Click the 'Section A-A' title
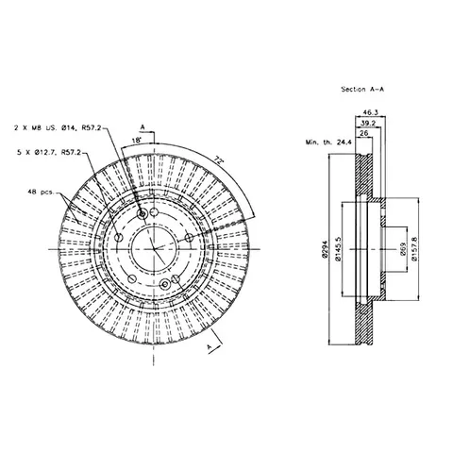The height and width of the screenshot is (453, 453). [x=362, y=90]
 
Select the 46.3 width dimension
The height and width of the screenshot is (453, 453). [x=370, y=112]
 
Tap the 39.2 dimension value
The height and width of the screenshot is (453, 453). [x=368, y=123]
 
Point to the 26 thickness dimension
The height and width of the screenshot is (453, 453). [x=364, y=133]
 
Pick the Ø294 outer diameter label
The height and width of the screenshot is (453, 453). [x=325, y=249]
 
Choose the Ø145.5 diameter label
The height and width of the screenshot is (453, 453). [x=338, y=249]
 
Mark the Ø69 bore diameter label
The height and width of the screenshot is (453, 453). [x=404, y=249]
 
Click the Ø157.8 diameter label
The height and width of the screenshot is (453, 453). [x=414, y=249]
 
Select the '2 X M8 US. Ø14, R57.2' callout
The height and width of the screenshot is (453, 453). [x=59, y=128]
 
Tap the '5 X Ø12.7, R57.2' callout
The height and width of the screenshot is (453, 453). [x=49, y=153]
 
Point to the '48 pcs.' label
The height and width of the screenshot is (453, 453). [x=42, y=192]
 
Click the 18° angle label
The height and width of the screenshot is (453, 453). [x=136, y=141]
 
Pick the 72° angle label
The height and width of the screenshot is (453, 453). [x=219, y=159]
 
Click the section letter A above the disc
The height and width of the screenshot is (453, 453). [x=143, y=127]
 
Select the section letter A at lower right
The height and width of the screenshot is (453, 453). [x=210, y=347]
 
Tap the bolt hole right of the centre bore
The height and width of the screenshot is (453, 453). [x=189, y=237]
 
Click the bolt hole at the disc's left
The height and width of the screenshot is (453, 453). [x=119, y=238]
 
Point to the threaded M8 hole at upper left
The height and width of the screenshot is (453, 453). [x=143, y=214]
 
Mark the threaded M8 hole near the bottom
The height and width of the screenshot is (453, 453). [x=165, y=284]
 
